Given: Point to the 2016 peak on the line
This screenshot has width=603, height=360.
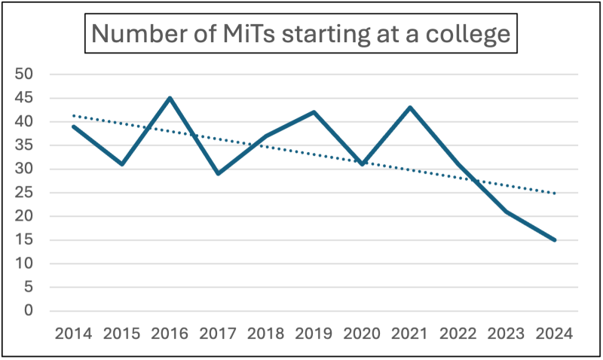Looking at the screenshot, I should point(170,98).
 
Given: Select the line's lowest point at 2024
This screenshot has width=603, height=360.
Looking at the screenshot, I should point(556,240).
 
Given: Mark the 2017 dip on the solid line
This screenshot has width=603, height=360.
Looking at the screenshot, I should point(218,174).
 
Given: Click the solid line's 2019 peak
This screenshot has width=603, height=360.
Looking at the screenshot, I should point(314,112).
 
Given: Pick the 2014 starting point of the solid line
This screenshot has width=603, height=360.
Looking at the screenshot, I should point(73,126).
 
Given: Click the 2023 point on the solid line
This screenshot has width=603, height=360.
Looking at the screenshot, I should point(507,212).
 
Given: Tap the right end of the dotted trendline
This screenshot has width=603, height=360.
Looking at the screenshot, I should point(556,194).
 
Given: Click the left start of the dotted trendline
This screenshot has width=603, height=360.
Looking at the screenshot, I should point(73,115).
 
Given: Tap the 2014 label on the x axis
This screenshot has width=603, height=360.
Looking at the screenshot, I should point(73,333).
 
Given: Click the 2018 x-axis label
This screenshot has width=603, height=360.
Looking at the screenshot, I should point(266,333).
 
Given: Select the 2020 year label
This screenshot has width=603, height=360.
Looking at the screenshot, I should point(363,333).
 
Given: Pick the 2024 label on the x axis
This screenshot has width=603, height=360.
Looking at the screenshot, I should point(556,333).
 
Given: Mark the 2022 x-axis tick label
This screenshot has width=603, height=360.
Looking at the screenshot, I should point(459,333).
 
